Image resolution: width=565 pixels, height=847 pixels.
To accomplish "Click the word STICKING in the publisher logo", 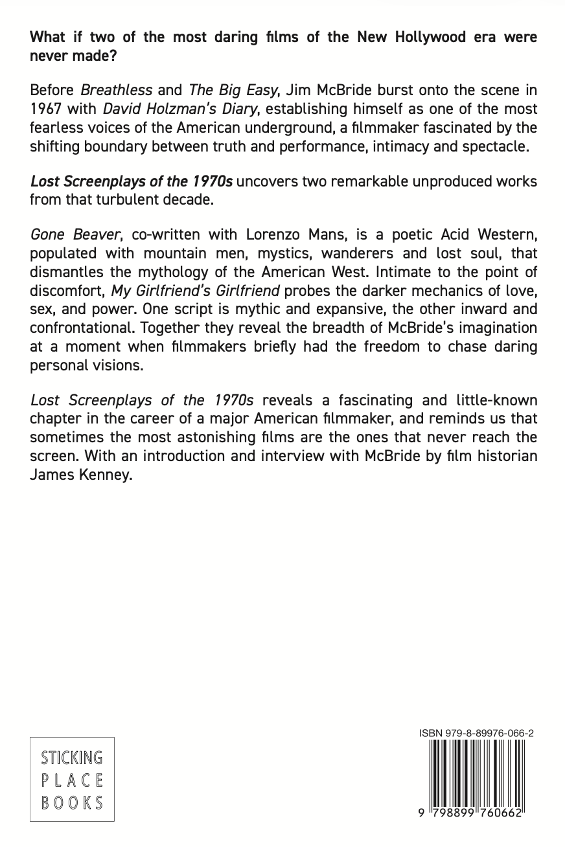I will [x=72, y=757].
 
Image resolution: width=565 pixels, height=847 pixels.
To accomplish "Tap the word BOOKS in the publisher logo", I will [x=72, y=803].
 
